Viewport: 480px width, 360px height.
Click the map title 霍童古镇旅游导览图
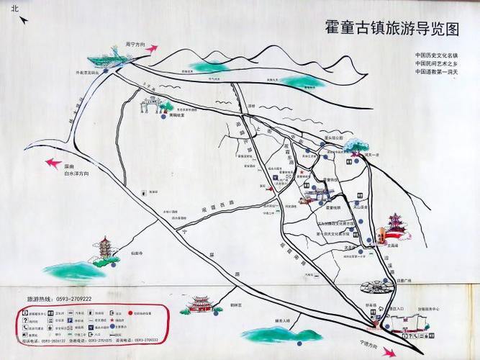[391, 29]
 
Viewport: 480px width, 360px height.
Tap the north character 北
[15, 9]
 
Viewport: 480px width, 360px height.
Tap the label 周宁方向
[135, 44]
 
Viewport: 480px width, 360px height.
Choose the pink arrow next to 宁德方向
[389, 352]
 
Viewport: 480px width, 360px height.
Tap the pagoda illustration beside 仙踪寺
[106, 251]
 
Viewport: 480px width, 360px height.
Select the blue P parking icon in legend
[26, 313]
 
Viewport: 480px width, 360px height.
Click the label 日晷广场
[402, 281]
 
